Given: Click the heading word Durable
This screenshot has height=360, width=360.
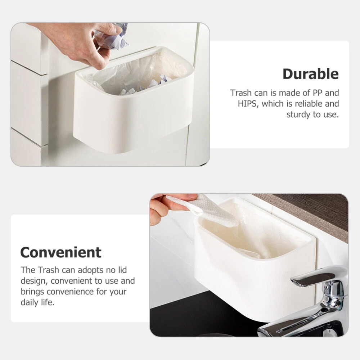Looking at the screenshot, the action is [311, 74].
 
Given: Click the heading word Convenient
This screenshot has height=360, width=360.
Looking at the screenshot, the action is [61, 252].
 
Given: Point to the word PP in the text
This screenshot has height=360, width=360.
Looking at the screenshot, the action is [318, 93].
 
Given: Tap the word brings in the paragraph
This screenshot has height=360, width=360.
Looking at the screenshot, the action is [32, 292].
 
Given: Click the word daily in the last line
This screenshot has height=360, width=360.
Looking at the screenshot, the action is [30, 303].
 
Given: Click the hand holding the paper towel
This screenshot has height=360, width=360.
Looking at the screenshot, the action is [170, 208].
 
